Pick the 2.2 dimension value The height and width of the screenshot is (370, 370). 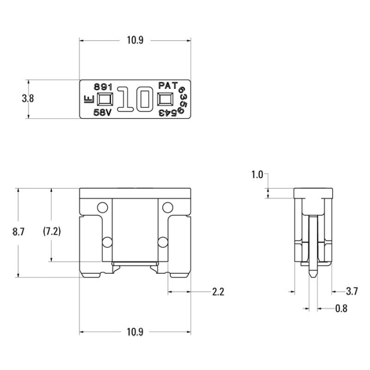click(218, 292)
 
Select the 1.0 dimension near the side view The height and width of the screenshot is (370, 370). click(257, 175)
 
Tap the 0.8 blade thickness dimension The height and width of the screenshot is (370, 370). click(341, 308)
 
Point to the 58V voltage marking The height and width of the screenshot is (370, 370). click(103, 113)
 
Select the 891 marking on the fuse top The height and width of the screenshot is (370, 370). click(103, 86)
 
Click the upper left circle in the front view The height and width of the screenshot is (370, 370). click(103, 207)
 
